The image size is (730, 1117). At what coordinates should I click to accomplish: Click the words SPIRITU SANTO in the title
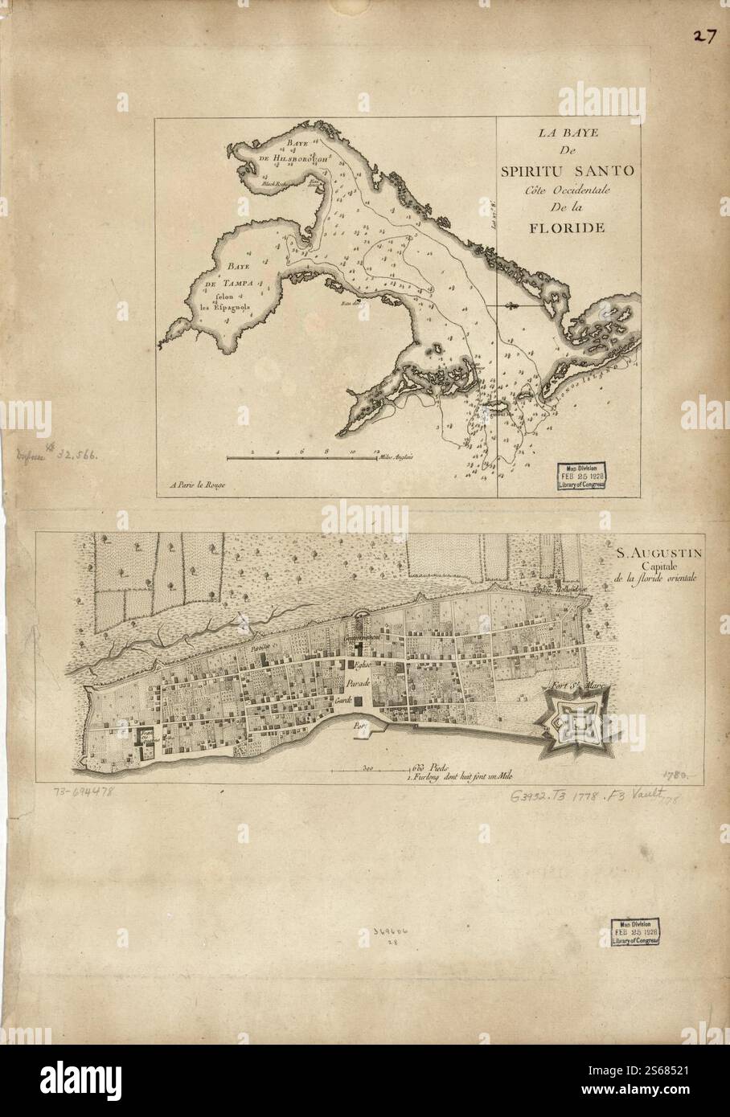[x=568, y=170]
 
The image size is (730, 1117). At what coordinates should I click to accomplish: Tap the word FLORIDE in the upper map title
[x=567, y=227]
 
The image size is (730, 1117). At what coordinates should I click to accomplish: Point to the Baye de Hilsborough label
[x=290, y=153]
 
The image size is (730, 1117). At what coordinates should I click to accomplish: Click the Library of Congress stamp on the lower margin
[x=640, y=931]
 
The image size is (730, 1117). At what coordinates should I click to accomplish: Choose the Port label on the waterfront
[x=359, y=723]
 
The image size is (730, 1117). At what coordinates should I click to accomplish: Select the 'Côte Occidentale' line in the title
[x=568, y=190]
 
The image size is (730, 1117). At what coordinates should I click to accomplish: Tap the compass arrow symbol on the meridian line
[x=511, y=306]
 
